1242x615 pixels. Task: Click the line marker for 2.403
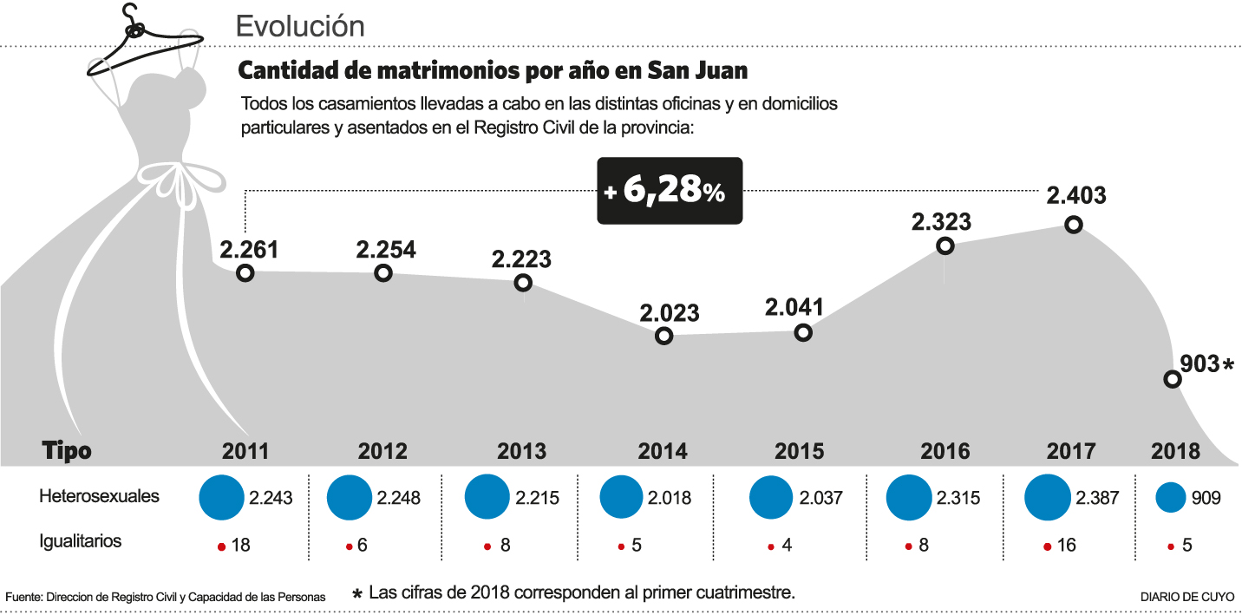tap(1074, 225)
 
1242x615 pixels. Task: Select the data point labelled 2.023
tap(664, 337)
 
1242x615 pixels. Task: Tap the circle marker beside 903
tap(1172, 379)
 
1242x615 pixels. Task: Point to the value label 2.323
tap(941, 221)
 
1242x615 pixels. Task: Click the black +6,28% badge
tap(670, 192)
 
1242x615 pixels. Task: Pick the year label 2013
tap(522, 452)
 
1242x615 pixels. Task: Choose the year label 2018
tap(1175, 452)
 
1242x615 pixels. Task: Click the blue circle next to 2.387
tap(1047, 498)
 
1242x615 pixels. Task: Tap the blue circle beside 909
tap(1171, 498)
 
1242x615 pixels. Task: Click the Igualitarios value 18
tap(241, 546)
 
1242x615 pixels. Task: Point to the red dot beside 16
tap(1048, 547)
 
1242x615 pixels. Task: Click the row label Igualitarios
tap(81, 542)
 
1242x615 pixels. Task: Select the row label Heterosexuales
tap(100, 497)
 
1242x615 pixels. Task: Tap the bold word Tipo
tap(67, 451)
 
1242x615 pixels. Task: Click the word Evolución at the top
tap(300, 26)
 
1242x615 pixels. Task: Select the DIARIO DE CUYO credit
tap(1186, 597)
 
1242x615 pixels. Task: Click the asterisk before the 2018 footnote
tap(356, 595)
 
